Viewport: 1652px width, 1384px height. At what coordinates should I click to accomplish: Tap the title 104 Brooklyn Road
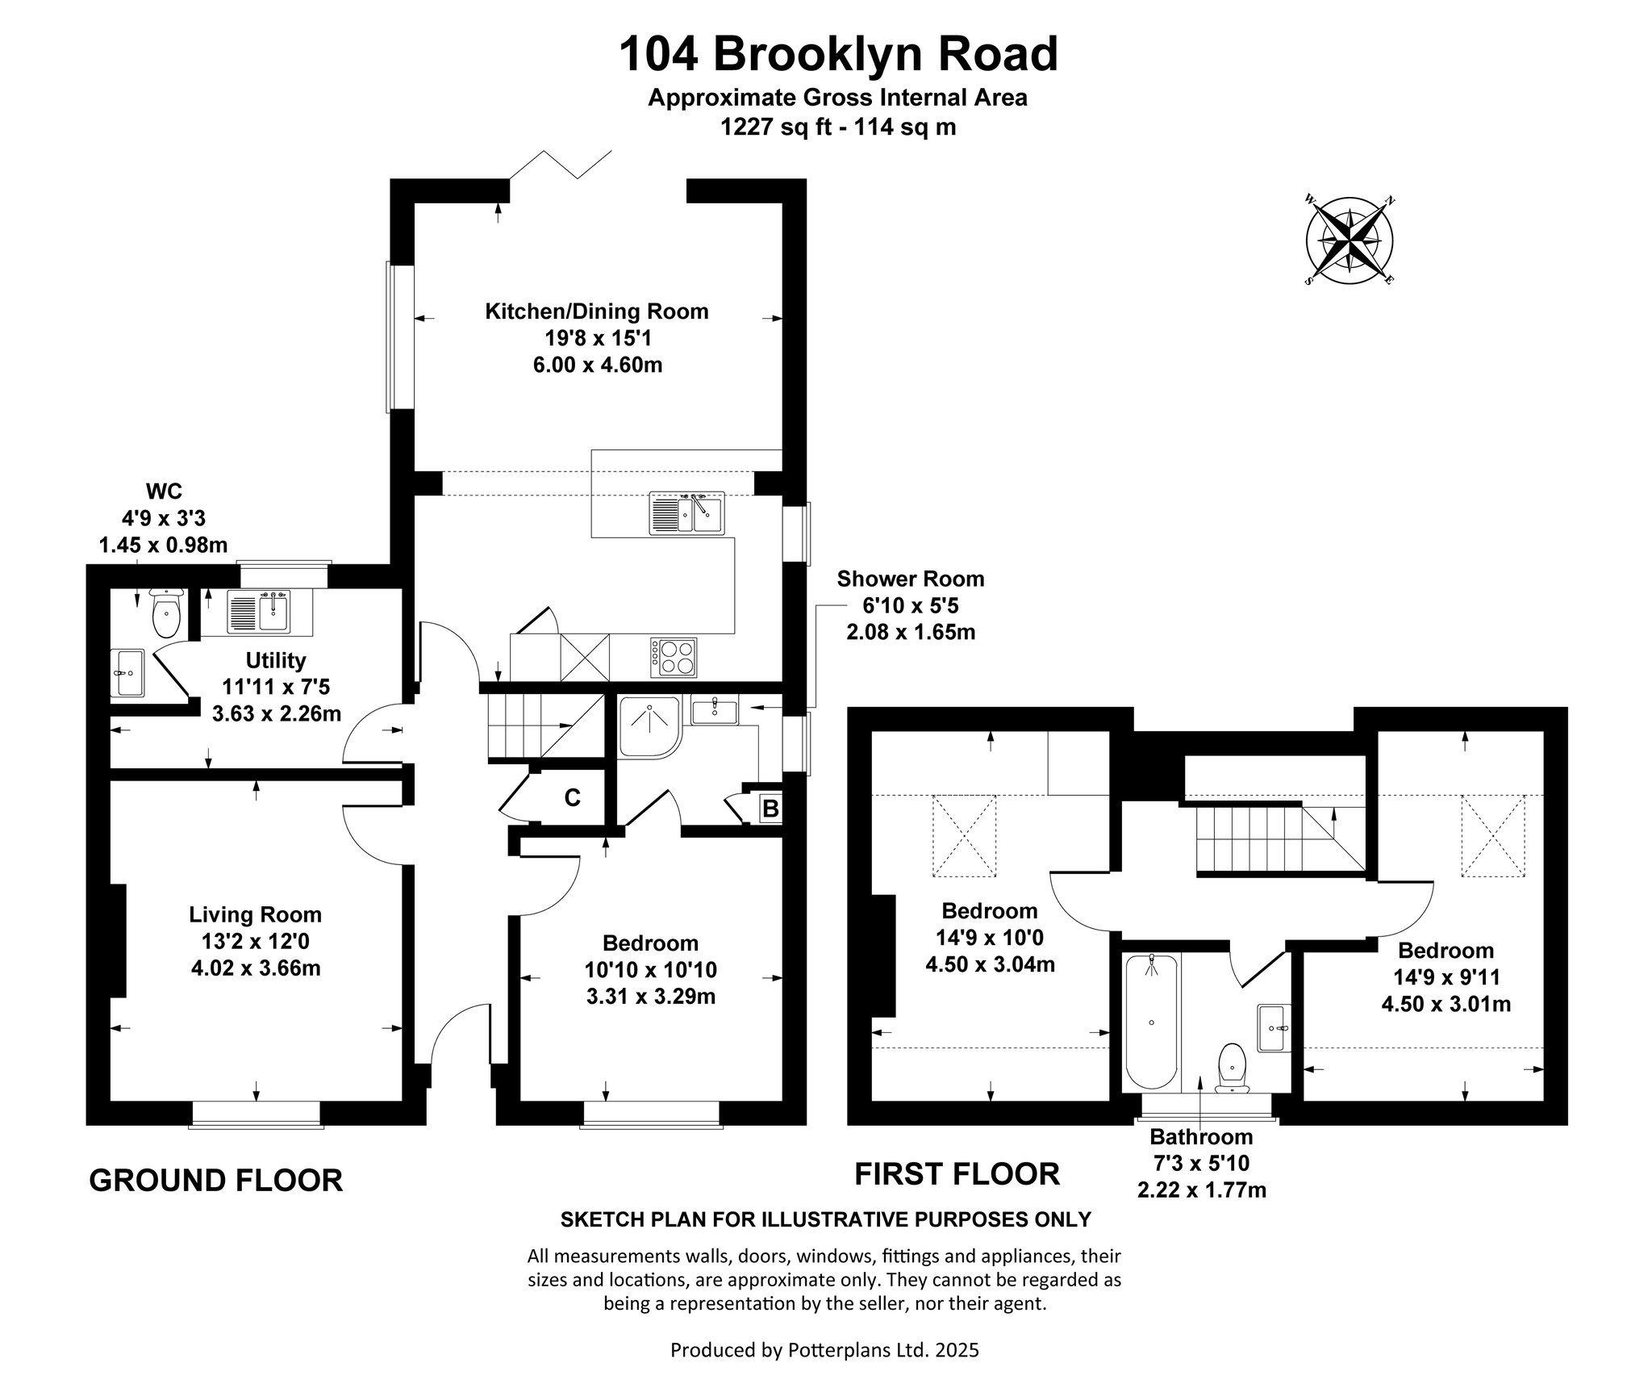pyautogui.click(x=838, y=55)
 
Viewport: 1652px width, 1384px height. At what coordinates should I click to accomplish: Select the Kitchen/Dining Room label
pyautogui.click(x=596, y=311)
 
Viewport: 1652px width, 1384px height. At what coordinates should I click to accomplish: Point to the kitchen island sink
pyautogui.click(x=686, y=512)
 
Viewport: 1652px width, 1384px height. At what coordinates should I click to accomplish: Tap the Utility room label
pyautogui.click(x=276, y=660)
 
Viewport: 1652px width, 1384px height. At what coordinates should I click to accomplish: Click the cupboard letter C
pyautogui.click(x=572, y=798)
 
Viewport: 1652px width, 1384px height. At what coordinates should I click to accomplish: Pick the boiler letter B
pyautogui.click(x=770, y=808)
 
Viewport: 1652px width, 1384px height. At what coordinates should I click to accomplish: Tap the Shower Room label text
pyautogui.click(x=911, y=579)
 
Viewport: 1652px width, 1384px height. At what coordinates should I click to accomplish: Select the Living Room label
pyautogui.click(x=255, y=914)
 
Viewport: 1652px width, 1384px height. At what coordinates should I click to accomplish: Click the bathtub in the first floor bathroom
pyautogui.click(x=1151, y=1022)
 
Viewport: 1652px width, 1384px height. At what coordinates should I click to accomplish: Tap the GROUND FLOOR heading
pyautogui.click(x=215, y=1180)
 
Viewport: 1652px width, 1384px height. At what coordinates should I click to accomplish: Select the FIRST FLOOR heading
pyautogui.click(x=957, y=1174)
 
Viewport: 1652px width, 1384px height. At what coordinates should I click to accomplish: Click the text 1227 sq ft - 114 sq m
pyautogui.click(x=838, y=127)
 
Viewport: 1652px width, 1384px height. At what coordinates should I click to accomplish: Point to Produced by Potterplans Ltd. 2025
pyautogui.click(x=824, y=1350)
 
